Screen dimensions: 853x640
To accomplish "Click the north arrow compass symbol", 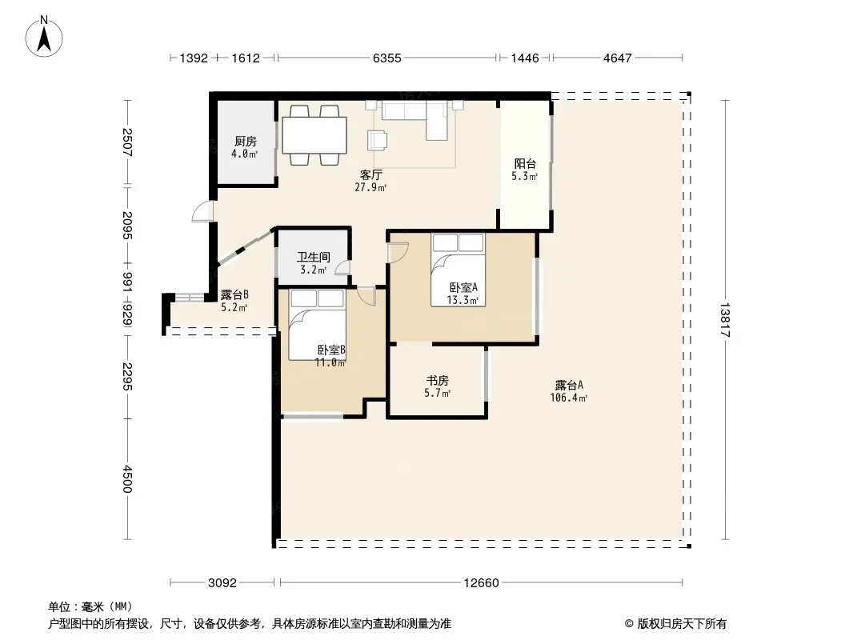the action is point(44,37).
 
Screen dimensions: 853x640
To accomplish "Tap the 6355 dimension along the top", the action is point(386,58).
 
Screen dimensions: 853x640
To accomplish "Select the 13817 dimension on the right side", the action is point(725,320).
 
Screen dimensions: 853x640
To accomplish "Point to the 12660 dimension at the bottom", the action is point(481,583).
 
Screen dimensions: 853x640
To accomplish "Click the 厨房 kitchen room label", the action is point(246,142).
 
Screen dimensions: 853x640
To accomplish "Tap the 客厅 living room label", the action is point(370,175).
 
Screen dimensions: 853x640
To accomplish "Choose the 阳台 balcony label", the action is point(525,164).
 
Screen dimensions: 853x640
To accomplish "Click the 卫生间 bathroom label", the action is point(314,257).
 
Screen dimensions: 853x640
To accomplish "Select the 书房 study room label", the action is point(438,381).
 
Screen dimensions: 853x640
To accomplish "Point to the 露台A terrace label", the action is point(569,386).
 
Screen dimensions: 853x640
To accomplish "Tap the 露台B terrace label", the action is point(234,295).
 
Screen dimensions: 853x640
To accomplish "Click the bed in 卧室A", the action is point(458,270).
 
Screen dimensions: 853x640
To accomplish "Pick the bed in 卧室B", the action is point(317,325).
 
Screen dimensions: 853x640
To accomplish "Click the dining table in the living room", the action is point(314,135).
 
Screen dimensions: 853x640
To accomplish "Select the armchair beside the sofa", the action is point(377,140).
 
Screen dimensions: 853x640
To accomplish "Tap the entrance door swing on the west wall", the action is point(203,211).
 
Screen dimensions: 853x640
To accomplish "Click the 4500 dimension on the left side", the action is point(126,478).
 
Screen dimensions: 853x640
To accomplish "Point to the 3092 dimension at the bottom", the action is point(222,583).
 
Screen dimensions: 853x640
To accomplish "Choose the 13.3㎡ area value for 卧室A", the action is point(463,300).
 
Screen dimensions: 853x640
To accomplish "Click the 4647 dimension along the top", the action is point(618,58).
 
